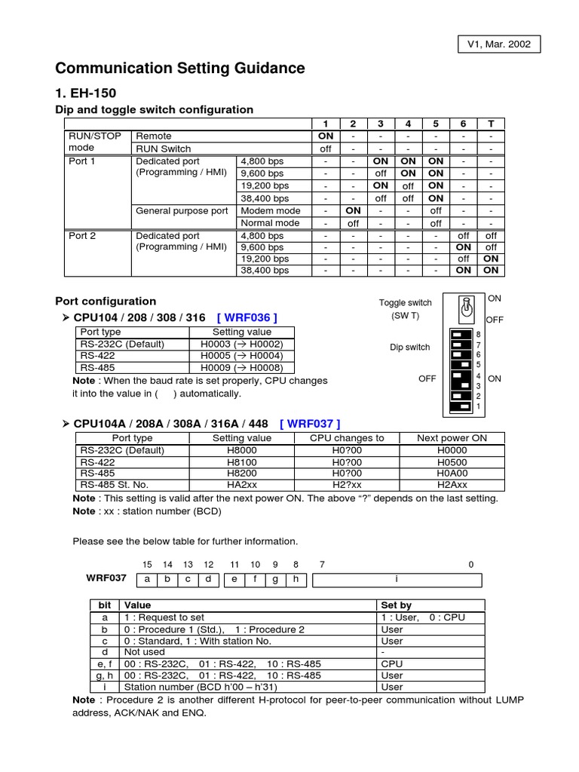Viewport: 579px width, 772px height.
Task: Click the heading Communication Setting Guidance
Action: [x=180, y=69]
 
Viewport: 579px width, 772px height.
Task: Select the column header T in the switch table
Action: [x=491, y=124]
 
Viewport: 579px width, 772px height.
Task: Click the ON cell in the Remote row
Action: [x=325, y=136]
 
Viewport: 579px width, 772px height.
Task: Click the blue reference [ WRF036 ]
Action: [x=247, y=317]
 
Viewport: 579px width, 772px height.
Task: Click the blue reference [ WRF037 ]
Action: [x=310, y=423]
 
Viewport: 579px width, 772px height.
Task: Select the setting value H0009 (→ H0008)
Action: [x=242, y=369]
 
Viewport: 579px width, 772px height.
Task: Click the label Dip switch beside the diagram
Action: [x=409, y=348]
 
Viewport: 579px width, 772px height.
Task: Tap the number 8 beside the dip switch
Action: [x=478, y=334]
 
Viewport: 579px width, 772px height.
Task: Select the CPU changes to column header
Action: [x=347, y=438]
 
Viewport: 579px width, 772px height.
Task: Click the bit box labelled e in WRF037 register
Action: [x=234, y=579]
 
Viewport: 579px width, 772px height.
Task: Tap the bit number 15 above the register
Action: [x=147, y=564]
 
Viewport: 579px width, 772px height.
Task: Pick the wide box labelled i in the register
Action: [x=397, y=579]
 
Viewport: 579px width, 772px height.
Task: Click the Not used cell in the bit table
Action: [x=144, y=652]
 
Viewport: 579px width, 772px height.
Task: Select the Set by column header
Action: [x=396, y=605]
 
